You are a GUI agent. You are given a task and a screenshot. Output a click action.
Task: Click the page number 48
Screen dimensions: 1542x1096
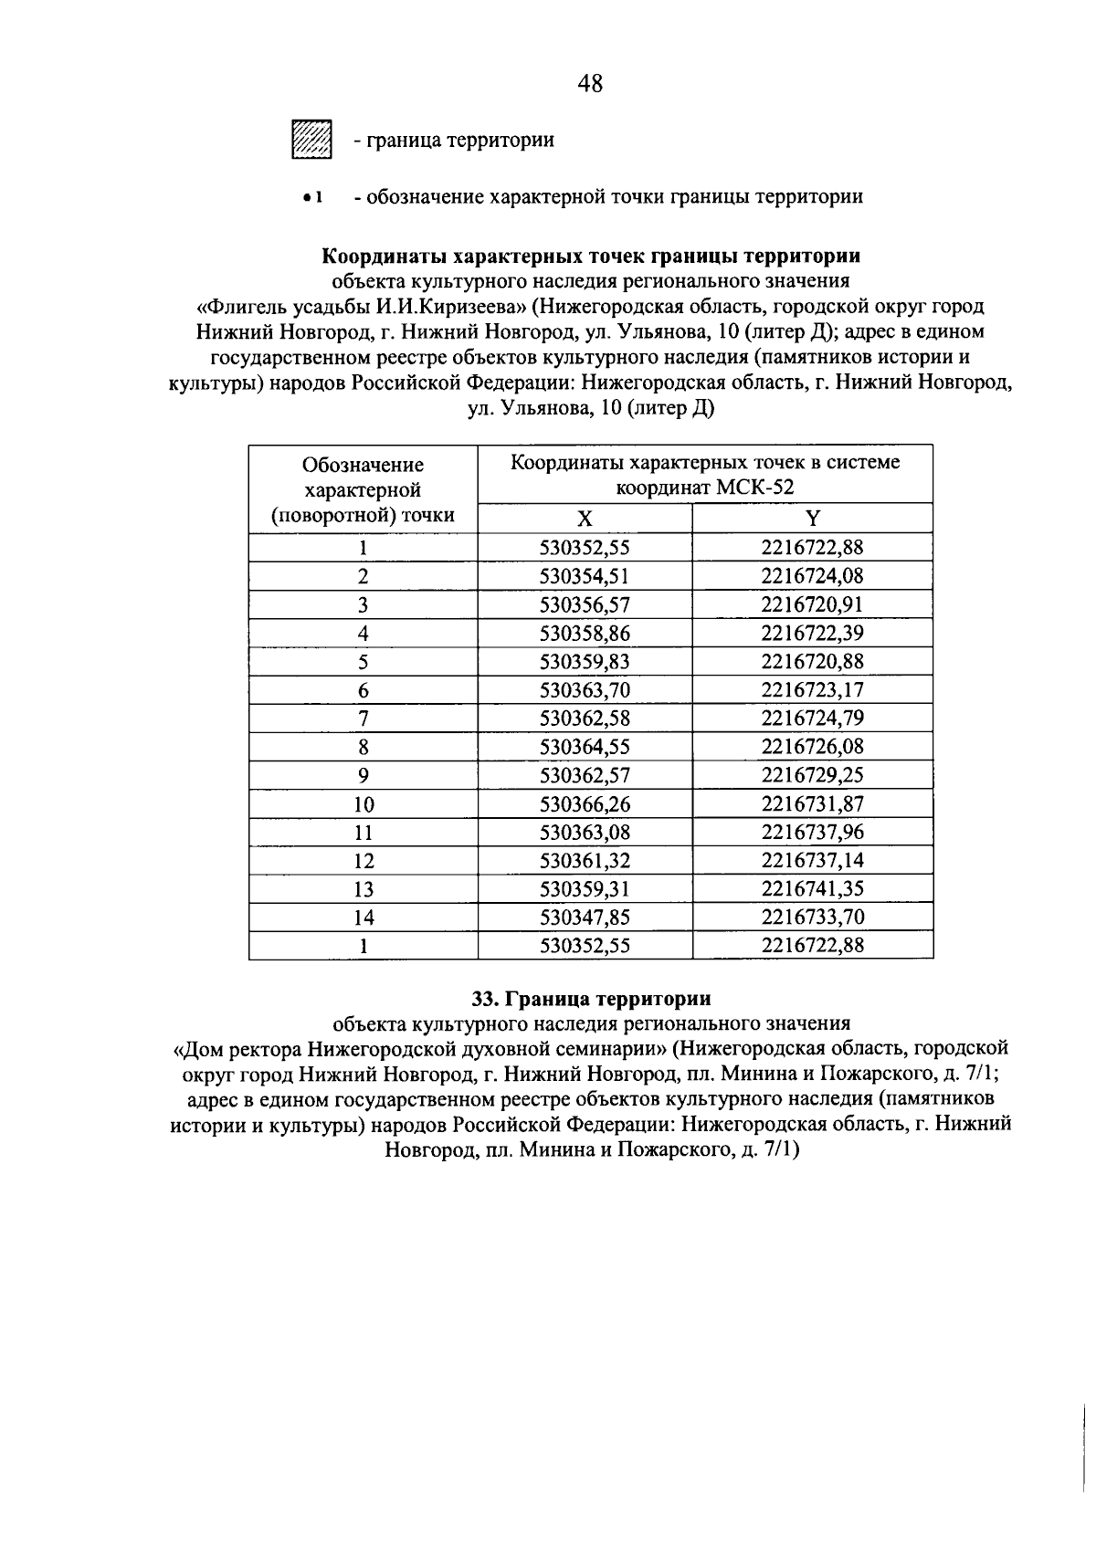(x=591, y=84)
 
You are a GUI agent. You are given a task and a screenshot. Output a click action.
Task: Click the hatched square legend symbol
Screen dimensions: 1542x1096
(x=311, y=140)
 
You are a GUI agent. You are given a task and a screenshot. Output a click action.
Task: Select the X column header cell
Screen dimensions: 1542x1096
(x=585, y=519)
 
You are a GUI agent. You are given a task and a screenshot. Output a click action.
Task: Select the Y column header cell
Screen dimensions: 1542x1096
(x=812, y=519)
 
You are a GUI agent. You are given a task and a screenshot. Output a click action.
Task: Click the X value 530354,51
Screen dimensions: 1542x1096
(x=585, y=576)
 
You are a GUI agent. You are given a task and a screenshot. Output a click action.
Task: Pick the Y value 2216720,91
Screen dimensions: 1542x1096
(x=812, y=604)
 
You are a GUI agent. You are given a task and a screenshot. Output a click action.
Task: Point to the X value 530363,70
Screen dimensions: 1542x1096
(x=585, y=689)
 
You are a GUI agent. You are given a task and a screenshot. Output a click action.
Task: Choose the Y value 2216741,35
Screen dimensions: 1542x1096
(x=812, y=888)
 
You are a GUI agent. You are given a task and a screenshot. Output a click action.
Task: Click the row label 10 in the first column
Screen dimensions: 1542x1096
(x=364, y=804)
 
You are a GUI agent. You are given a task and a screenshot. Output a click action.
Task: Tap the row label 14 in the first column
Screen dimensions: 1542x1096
(x=364, y=918)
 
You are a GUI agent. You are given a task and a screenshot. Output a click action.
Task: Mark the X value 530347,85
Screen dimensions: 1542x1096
(x=585, y=917)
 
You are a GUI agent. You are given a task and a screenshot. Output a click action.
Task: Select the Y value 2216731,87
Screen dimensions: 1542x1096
(x=812, y=803)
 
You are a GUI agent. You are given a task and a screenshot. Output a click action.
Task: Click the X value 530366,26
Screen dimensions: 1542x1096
(x=585, y=803)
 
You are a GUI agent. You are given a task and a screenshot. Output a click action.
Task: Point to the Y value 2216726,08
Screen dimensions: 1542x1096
(x=812, y=747)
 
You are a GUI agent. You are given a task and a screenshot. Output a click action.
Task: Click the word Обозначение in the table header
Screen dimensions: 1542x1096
(x=364, y=465)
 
